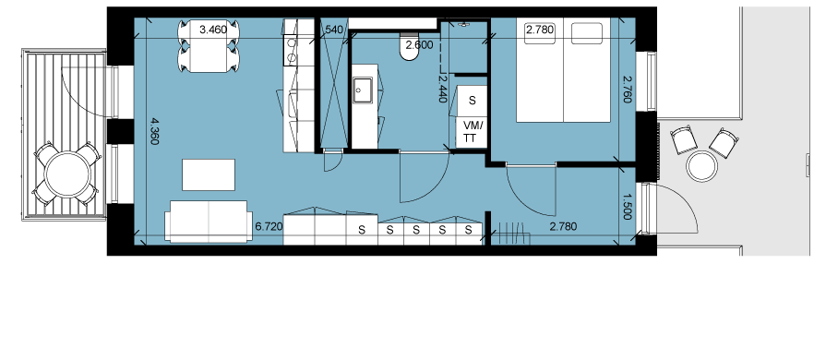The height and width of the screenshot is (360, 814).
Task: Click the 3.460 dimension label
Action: tap(213, 30)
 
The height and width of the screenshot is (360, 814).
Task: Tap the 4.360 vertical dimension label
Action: tap(154, 131)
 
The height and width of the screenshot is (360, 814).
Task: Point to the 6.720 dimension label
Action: tap(269, 226)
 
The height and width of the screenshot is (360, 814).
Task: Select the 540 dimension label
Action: tap(334, 30)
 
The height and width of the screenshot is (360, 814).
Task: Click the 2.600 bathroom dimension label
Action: tap(419, 45)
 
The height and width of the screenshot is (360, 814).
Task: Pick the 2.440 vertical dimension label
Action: tap(442, 88)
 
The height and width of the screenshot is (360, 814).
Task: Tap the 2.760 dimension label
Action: tap(628, 90)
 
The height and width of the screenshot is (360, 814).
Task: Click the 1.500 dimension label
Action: tap(628, 206)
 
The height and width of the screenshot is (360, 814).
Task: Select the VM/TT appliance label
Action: tap(473, 132)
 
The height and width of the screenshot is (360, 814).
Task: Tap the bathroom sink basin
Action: tap(363, 90)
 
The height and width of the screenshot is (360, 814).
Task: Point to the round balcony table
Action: tap(68, 174)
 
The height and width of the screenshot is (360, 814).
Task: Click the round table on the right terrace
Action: tap(701, 167)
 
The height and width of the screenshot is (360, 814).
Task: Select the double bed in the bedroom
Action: tap(563, 72)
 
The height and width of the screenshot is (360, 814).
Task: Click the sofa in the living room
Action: tap(209, 222)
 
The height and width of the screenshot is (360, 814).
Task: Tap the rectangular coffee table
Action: tap(209, 174)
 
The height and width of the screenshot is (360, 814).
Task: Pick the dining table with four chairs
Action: tap(209, 46)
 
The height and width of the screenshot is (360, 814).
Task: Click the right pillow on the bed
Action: tap(587, 32)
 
